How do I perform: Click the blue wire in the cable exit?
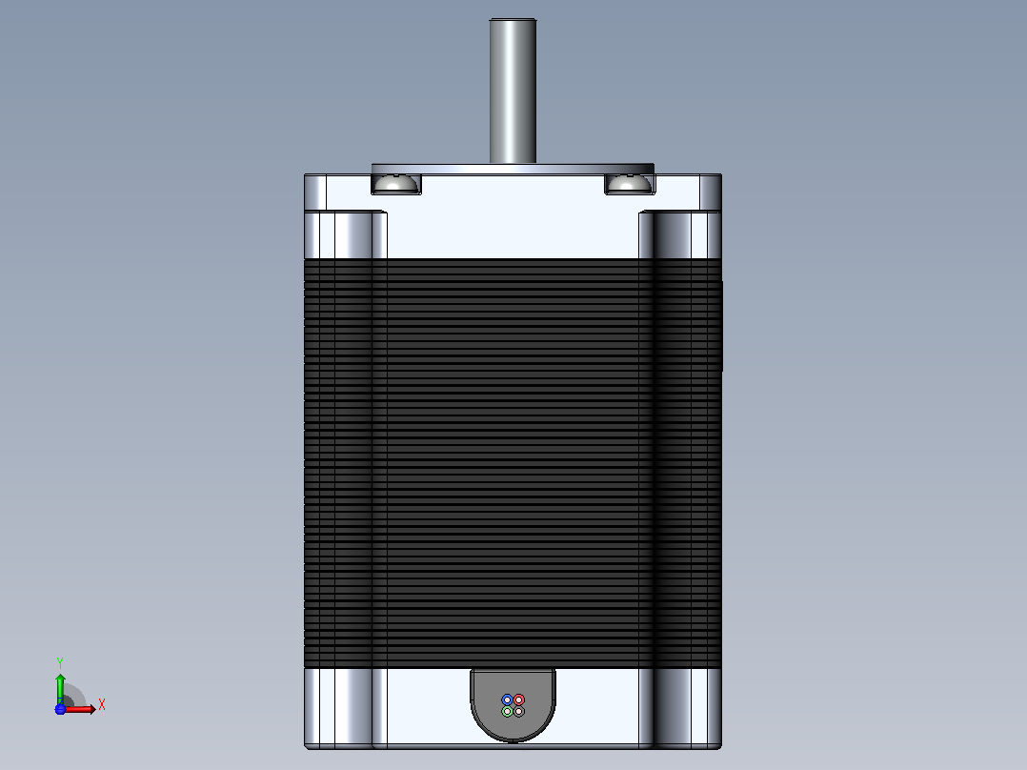pyautogui.click(x=507, y=699)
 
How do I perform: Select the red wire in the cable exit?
pyautogui.click(x=518, y=699)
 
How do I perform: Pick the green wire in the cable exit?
pyautogui.click(x=507, y=712)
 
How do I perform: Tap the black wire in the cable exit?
pyautogui.click(x=518, y=712)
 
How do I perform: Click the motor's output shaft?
pyautogui.click(x=513, y=91)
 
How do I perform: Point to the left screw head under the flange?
pyautogui.click(x=395, y=184)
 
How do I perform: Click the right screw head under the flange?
pyautogui.click(x=630, y=184)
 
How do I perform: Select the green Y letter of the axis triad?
pyautogui.click(x=60, y=662)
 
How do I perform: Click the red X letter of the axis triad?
pyautogui.click(x=102, y=705)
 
